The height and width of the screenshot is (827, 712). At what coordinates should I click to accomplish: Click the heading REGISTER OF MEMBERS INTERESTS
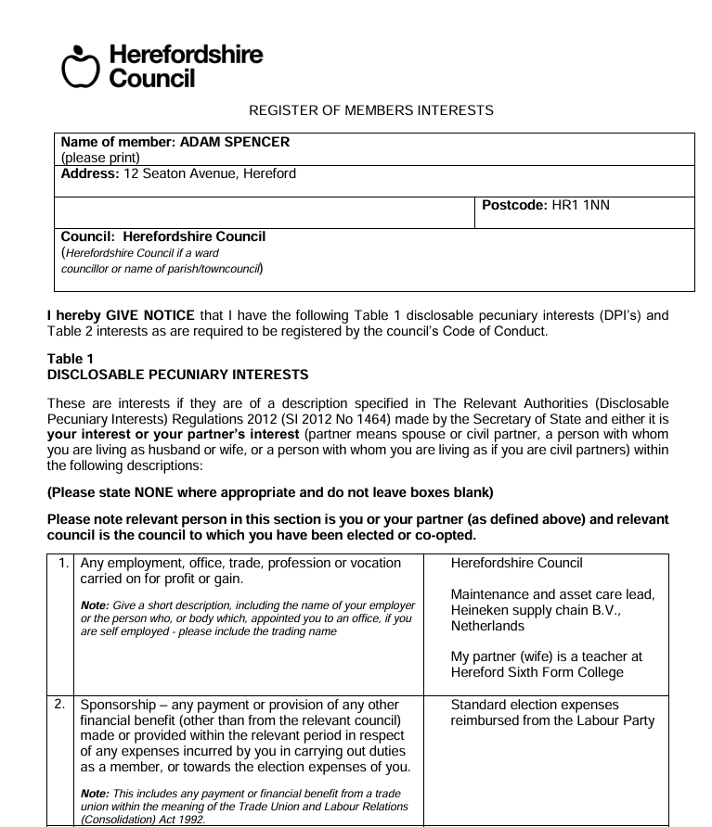coord(371,110)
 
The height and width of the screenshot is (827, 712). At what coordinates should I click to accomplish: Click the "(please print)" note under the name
coord(100,158)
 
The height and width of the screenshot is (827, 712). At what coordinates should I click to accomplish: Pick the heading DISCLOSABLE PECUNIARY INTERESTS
coord(177,375)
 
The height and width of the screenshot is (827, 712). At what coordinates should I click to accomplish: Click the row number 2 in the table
coord(60,705)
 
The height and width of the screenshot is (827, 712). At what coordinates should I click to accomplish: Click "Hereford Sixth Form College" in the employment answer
coord(537,672)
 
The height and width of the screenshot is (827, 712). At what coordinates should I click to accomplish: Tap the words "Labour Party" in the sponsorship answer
coord(615,720)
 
